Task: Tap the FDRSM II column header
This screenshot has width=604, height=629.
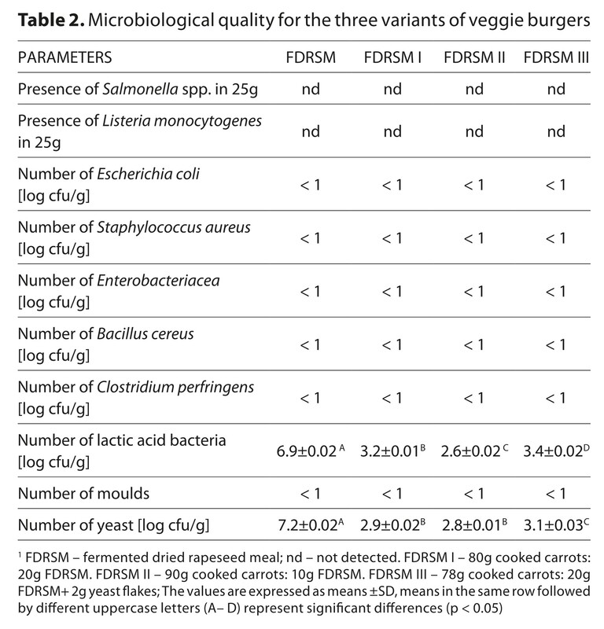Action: pos(474,57)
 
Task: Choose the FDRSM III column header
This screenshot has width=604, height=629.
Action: pos(557,57)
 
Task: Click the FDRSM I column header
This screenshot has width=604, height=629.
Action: pos(392,57)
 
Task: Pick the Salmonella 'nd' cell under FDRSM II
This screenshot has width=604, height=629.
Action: pos(474,90)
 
